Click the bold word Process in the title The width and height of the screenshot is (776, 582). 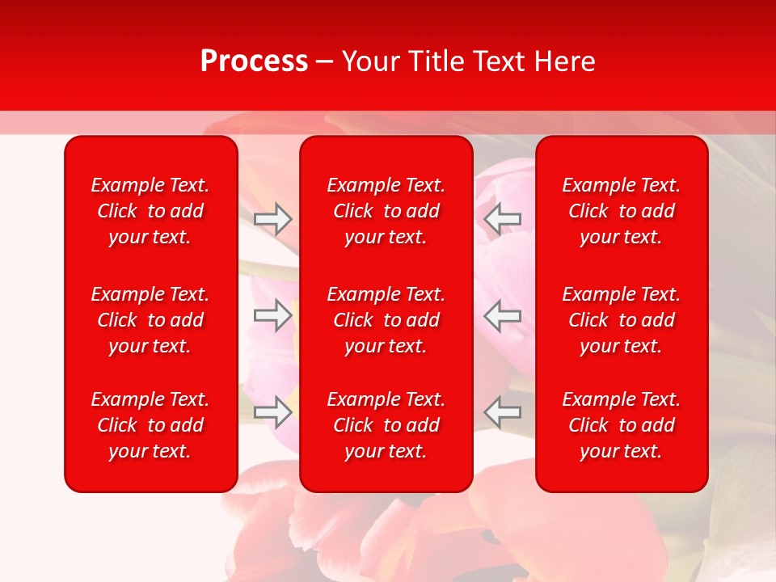tap(254, 61)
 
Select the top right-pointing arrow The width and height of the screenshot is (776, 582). tap(272, 219)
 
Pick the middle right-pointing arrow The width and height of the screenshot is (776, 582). tap(272, 315)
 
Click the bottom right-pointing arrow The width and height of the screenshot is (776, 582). tap(272, 412)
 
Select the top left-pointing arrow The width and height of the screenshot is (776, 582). tap(503, 218)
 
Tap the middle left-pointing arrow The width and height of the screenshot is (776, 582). tap(503, 315)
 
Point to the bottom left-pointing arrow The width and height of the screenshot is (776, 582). tap(503, 412)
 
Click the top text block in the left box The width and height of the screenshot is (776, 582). tap(150, 211)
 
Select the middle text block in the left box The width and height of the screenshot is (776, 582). tap(150, 320)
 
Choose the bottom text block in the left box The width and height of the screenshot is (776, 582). tap(150, 425)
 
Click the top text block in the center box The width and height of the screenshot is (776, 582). tap(386, 211)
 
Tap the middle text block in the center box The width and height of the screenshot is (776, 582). tap(386, 320)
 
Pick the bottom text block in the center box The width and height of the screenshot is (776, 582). tap(386, 425)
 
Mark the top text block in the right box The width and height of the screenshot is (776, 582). tap(622, 211)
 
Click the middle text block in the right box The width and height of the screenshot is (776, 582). tap(622, 320)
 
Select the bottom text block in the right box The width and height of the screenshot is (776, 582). tap(622, 425)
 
